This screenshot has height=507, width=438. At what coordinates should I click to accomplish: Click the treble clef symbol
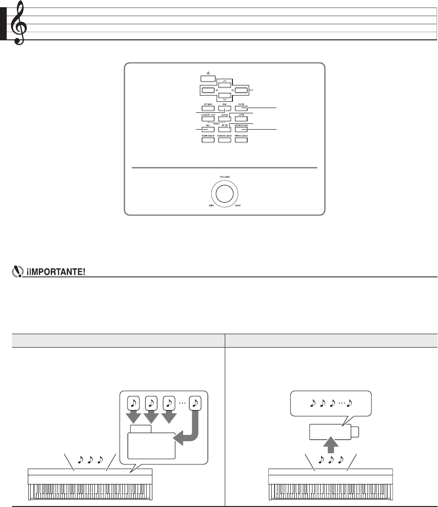(x=19, y=23)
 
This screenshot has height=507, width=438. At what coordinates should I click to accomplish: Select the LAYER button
(x=242, y=119)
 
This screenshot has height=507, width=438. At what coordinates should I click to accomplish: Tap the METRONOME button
(x=242, y=129)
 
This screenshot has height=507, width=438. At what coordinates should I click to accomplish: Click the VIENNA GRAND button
(x=242, y=140)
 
